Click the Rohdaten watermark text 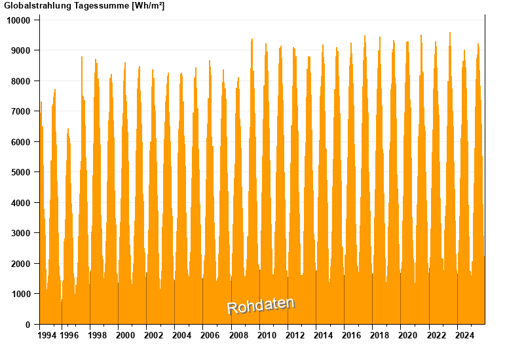coord(261,305)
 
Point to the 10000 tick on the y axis coord(19,20)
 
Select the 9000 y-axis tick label coord(21,50)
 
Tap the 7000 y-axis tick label coord(21,111)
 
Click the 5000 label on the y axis coord(21,172)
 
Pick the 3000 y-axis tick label coord(21,233)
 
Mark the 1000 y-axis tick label coord(21,294)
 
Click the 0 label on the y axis coord(28,325)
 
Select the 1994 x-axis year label coord(47,336)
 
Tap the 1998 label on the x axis coord(97,336)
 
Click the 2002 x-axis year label coord(153,336)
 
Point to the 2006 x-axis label coord(210,336)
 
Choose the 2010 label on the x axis coord(266,336)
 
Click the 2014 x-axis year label coord(323,336)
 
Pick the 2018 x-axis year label coord(379,336)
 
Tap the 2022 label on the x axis coord(436,336)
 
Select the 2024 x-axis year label coord(464,336)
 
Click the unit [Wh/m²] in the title coord(148,6)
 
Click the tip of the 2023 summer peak coord(450,33)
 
